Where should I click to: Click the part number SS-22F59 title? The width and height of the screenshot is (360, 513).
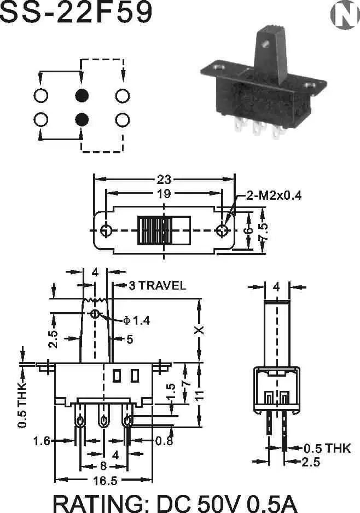(76, 13)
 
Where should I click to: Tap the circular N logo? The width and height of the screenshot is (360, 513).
(344, 15)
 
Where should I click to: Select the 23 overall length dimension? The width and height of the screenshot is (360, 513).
(164, 179)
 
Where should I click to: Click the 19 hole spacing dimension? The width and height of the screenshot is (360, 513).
(164, 193)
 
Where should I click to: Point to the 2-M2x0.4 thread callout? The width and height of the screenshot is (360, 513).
(274, 195)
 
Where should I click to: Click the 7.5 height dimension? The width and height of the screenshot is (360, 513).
(263, 231)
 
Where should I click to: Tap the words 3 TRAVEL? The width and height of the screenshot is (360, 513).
(157, 285)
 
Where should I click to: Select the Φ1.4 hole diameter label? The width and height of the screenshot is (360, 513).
(136, 320)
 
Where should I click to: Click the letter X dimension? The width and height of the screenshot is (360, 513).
(199, 331)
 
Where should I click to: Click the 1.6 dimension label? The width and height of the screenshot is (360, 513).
(42, 441)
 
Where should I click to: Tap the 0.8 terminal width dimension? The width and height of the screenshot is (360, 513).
(164, 441)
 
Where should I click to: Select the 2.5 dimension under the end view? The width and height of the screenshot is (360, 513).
(310, 462)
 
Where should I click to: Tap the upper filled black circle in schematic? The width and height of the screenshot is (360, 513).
(82, 95)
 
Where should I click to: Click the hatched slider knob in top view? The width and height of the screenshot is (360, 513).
(154, 230)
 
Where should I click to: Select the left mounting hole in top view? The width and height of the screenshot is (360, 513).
(106, 230)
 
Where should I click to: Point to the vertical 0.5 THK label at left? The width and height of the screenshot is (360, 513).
(22, 405)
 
